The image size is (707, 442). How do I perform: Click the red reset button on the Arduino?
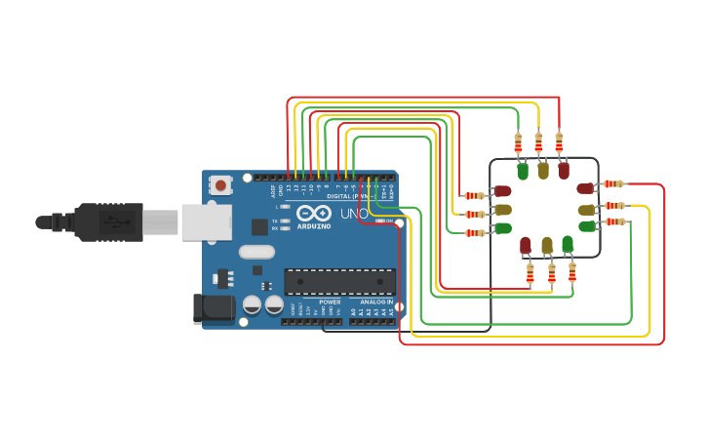pos(221,184)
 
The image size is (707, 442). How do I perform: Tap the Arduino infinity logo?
pos(313,213)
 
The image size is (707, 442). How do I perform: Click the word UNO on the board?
pos(354,214)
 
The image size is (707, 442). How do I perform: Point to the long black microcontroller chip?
pos(339,282)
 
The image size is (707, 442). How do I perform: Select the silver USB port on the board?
pos(206,221)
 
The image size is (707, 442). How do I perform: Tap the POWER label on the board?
pos(330,302)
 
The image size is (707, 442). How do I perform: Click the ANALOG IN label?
pos(375,302)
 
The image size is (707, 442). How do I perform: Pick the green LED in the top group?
pos(523,172)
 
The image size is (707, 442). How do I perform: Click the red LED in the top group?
pos(564,172)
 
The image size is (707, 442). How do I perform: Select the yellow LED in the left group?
pos(503,210)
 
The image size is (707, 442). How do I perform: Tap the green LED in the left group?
pos(503,228)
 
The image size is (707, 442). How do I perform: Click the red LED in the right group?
pos(585,188)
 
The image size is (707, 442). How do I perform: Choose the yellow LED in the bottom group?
pos(547,244)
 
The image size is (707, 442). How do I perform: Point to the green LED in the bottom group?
pos(568,244)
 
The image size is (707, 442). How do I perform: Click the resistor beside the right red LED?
pos(613,183)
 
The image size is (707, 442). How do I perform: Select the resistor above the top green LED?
pos(518,142)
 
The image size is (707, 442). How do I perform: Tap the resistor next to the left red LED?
pos(475,195)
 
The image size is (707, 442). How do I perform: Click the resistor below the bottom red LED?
pos(530,274)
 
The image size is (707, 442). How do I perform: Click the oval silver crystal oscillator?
pos(256,251)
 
